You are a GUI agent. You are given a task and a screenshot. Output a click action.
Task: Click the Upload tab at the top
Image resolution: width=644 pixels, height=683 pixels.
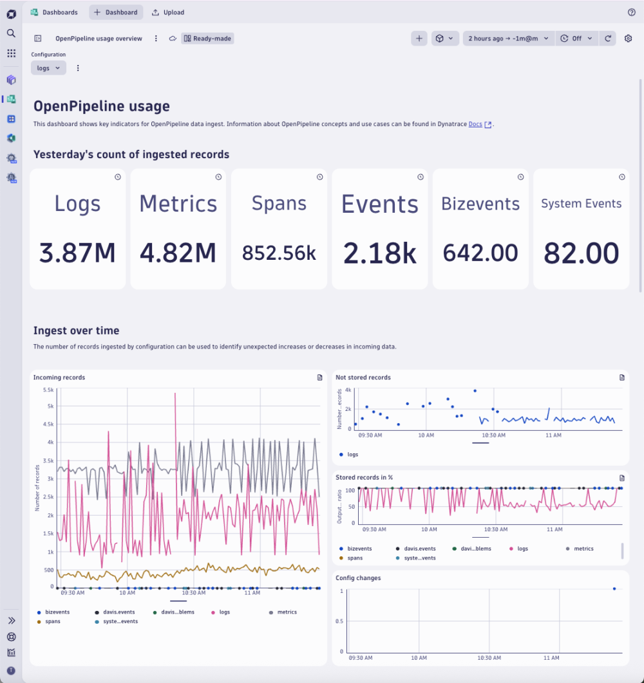[x=168, y=12]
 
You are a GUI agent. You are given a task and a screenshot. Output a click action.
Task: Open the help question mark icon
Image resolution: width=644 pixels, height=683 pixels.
[x=631, y=12]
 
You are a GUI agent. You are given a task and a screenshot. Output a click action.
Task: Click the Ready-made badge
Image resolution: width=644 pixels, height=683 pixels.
[x=207, y=39]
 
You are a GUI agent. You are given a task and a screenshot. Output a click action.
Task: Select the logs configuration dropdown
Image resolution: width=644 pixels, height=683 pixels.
[x=48, y=68]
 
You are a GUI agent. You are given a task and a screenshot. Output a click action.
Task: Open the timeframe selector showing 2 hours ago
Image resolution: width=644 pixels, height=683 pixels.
[x=508, y=39]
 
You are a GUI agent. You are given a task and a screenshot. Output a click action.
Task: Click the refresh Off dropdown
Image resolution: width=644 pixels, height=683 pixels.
[x=575, y=39]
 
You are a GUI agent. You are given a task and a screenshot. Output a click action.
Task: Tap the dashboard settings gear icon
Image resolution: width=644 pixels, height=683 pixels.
[x=629, y=39]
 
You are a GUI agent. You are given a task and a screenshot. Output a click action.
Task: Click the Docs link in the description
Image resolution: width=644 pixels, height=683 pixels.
[x=475, y=124]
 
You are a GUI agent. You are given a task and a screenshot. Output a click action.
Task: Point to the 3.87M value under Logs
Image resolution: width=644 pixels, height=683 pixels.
[x=77, y=253]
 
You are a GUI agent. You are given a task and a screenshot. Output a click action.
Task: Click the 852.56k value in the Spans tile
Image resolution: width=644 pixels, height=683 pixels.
[x=279, y=253]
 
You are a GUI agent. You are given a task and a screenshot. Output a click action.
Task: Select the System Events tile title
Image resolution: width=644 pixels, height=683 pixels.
[x=581, y=204]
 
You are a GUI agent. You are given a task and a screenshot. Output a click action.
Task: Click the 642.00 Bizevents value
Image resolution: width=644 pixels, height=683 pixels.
[x=480, y=253]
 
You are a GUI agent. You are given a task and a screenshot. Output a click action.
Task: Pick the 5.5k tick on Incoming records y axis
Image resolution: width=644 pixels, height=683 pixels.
[x=48, y=390]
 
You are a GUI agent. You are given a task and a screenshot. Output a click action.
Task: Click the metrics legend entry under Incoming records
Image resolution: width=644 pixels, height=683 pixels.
[x=287, y=612]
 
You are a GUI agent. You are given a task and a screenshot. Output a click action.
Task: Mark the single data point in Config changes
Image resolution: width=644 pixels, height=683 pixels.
[x=614, y=588]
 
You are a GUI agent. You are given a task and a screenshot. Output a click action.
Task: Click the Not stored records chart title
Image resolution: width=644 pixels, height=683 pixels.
[x=363, y=378]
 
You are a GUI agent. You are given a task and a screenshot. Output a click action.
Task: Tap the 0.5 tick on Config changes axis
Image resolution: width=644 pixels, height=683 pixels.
[x=340, y=621]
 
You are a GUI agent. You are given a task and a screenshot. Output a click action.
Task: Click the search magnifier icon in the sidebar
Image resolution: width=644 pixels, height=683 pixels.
[x=11, y=33]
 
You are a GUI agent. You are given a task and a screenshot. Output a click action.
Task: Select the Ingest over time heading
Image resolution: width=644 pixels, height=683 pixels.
[x=76, y=331]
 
